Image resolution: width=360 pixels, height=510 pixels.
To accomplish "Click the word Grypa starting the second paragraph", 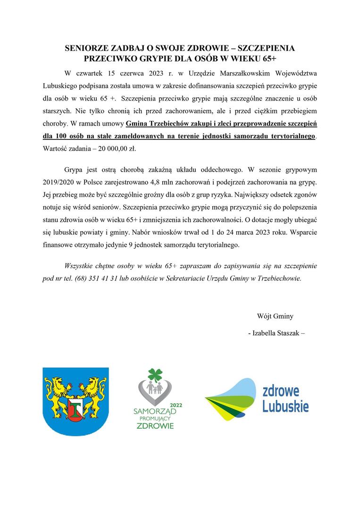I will [x=74, y=169].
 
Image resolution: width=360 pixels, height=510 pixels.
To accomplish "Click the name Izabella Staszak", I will [x=276, y=332].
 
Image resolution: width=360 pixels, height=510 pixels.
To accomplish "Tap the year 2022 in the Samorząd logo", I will [x=176, y=405].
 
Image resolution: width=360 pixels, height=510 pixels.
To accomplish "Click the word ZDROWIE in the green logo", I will [x=155, y=425].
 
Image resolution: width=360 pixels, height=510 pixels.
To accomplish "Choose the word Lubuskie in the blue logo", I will [x=285, y=406].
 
